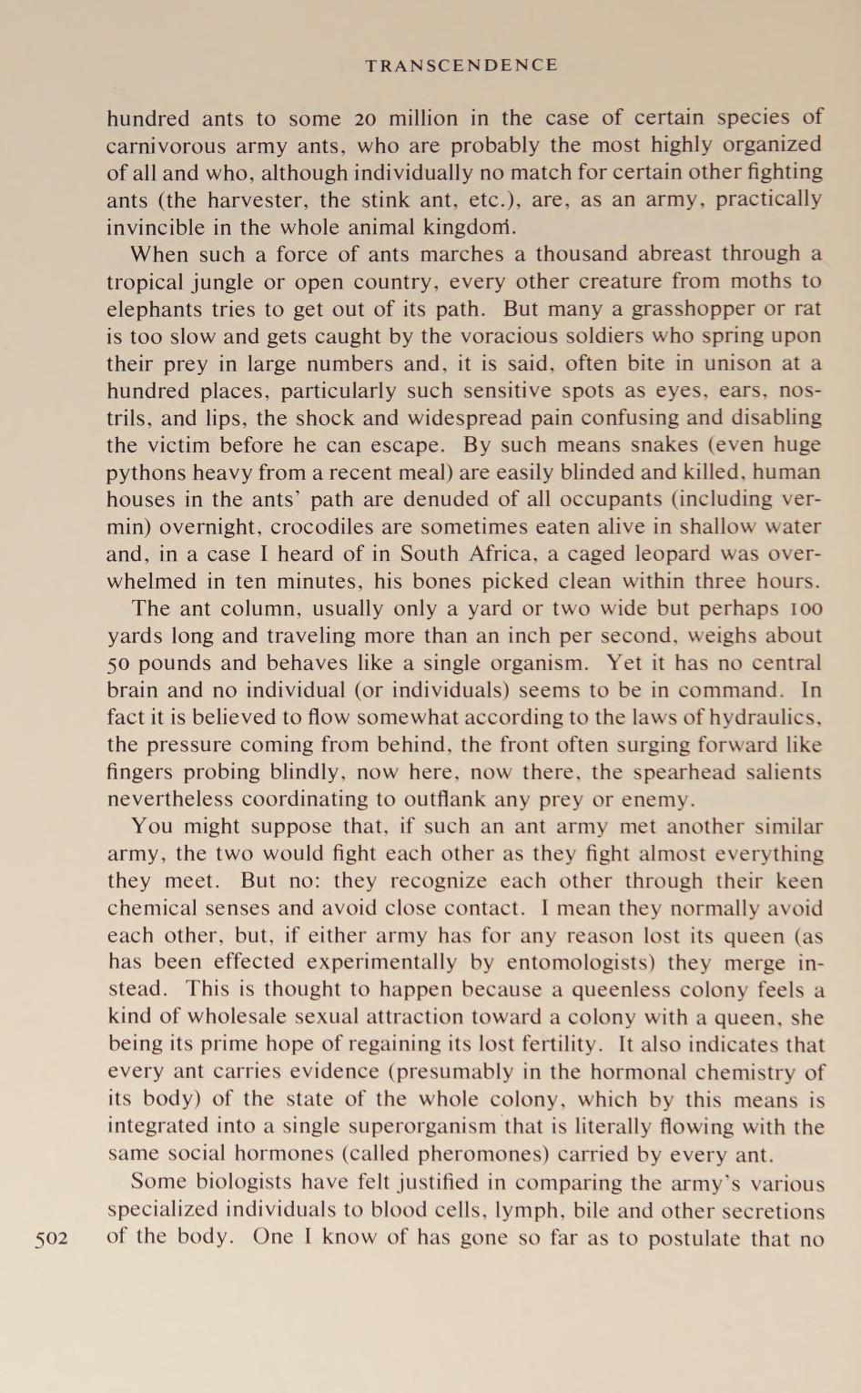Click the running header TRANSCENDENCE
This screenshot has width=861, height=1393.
[x=461, y=66]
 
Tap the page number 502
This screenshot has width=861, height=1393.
[x=52, y=1239]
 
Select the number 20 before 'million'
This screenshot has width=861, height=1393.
[x=366, y=118]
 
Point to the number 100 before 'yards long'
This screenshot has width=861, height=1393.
[x=806, y=608]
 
